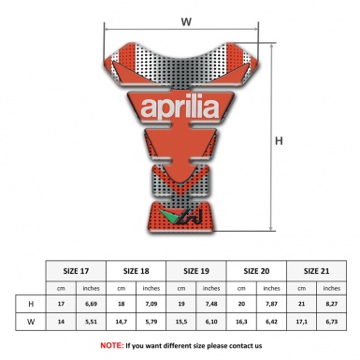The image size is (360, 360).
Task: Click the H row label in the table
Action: coord(33,304)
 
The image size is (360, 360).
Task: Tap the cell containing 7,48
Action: coord(212,304)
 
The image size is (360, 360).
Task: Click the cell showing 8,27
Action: coord(331,304)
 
